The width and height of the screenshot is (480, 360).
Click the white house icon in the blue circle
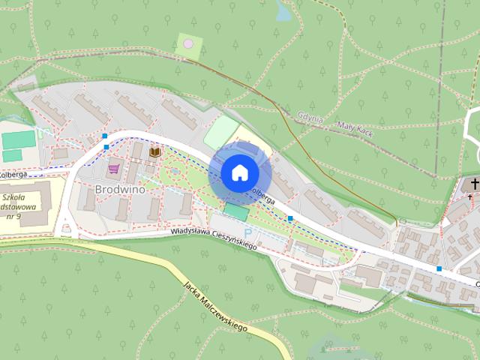(240, 172)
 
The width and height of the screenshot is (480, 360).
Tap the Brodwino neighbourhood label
(120, 189)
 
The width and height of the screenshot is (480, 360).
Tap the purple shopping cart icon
(114, 168)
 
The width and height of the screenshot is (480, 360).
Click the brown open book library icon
(155, 152)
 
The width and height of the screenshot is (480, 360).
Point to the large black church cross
(474, 184)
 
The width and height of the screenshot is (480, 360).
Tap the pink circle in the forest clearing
(188, 44)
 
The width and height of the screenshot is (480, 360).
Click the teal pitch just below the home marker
(237, 212)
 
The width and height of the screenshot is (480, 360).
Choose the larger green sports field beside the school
(18, 139)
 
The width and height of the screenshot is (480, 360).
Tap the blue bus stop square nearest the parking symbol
(290, 218)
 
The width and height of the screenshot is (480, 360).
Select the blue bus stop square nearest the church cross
(439, 268)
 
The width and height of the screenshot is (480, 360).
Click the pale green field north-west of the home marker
(219, 133)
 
